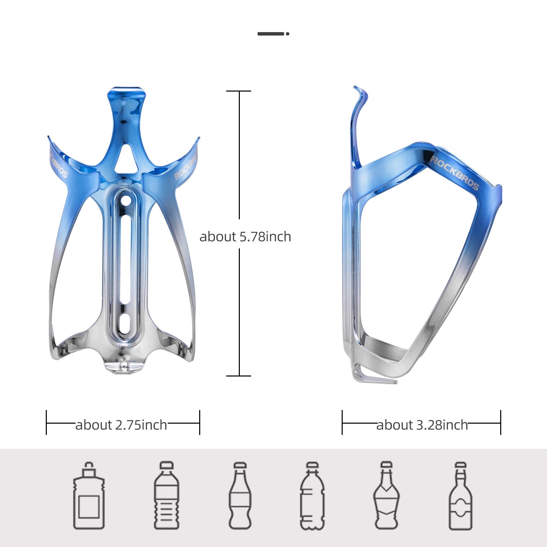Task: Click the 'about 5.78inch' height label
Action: point(245,237)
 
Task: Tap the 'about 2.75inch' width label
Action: point(121,425)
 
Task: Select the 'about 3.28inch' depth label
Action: point(422,425)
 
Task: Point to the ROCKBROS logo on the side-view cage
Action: point(454,172)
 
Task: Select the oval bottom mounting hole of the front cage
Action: point(125,323)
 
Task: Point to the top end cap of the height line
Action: point(239,91)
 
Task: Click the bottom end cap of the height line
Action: point(239,376)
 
